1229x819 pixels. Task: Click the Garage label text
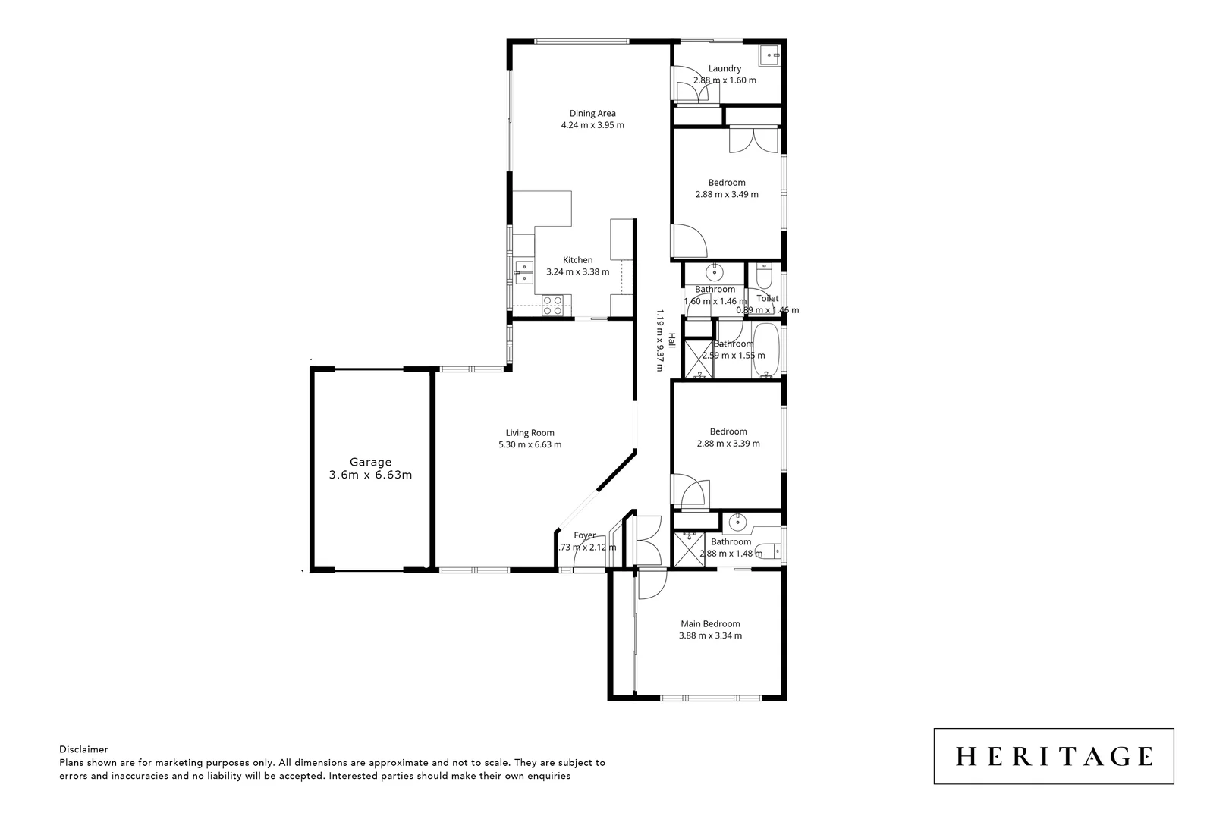370,462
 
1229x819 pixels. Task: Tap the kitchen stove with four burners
552,305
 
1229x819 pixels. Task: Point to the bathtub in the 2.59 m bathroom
766,350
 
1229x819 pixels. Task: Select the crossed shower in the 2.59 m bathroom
698,359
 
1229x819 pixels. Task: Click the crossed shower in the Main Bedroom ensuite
690,548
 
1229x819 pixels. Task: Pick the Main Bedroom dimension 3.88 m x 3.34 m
710,635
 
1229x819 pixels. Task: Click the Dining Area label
592,114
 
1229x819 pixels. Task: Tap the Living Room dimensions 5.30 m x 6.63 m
530,445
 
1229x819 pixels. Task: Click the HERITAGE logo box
1053,756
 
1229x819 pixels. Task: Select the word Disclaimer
83,749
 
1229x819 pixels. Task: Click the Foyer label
584,535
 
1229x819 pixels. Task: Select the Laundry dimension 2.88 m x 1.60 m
725,80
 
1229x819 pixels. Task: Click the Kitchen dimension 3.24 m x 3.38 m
577,271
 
